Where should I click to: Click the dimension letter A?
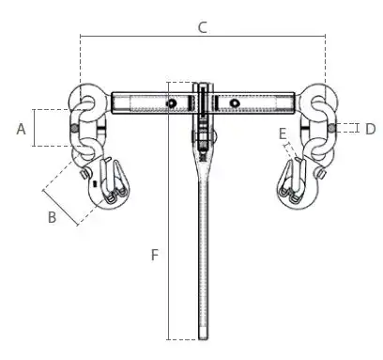coord(21,129)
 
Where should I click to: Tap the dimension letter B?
coord(53,217)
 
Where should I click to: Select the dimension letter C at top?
coord(203,27)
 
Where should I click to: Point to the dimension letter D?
coord(371,129)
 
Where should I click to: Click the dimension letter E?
coord(283,133)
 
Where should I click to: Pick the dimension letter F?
coord(155,255)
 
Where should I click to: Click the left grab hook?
coord(108,185)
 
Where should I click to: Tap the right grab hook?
coord(299,185)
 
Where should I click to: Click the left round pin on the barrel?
coord(172,103)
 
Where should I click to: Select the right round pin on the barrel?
coord(234,102)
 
